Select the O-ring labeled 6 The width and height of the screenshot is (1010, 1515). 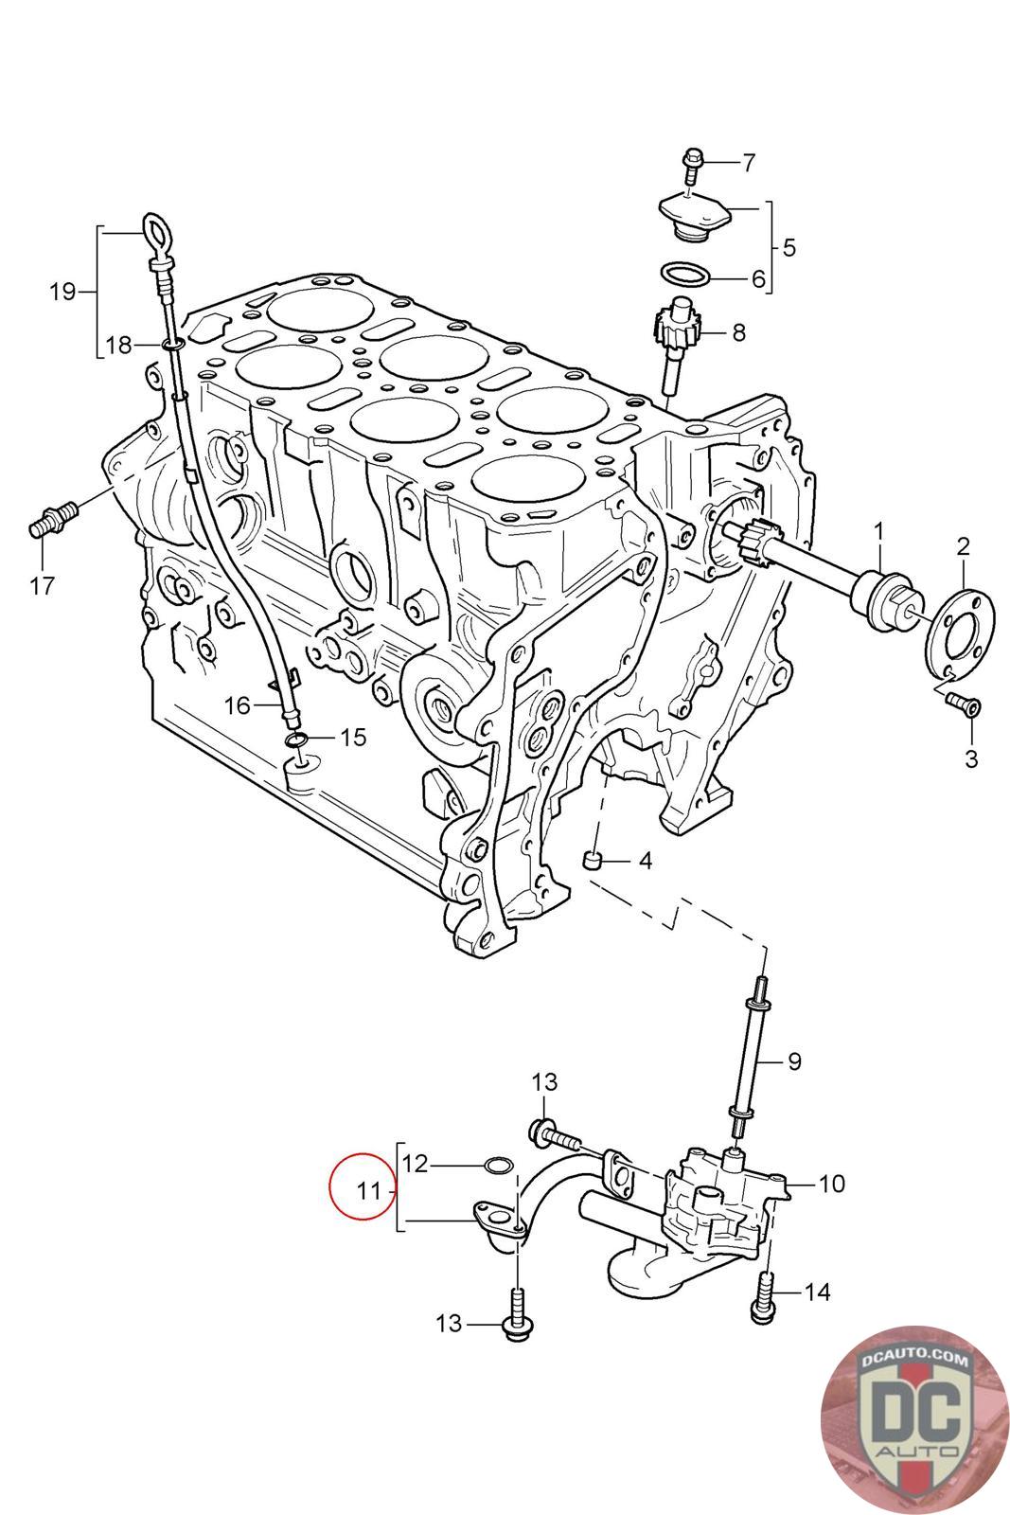684,275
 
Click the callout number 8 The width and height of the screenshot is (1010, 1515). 738,332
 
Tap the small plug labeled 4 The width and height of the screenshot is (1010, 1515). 594,861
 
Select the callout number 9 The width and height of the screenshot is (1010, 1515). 793,1061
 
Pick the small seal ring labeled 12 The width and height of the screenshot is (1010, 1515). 499,1163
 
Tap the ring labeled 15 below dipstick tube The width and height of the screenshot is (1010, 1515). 296,738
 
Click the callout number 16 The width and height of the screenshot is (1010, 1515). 237,704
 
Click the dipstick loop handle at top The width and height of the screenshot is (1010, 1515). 155,229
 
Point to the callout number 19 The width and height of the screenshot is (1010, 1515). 62,292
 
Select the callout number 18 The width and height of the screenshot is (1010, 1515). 118,346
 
